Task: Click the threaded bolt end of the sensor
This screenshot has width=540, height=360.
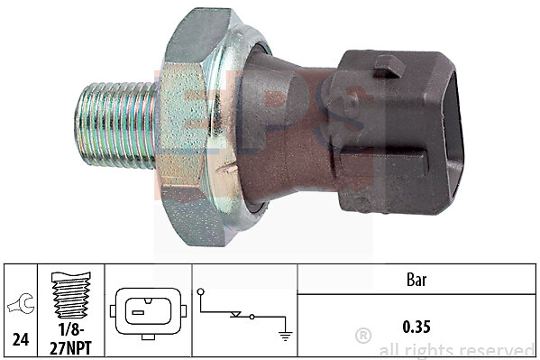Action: [115, 125]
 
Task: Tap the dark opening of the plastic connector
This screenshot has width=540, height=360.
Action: [453, 135]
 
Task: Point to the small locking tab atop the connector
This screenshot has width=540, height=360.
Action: [389, 66]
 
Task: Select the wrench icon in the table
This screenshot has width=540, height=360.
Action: [21, 304]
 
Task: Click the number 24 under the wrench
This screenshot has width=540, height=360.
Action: [21, 339]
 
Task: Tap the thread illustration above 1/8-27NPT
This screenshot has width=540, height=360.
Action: [71, 295]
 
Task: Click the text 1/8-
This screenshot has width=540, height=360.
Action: [71, 329]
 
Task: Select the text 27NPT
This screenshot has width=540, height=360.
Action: [71, 347]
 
